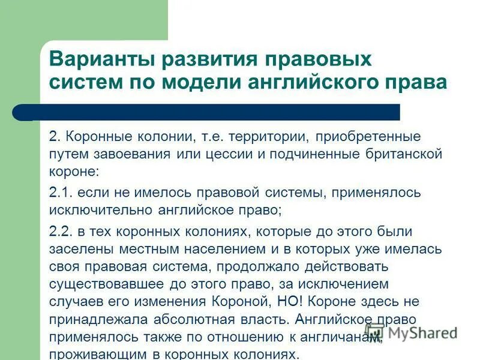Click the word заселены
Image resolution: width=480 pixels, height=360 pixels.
click(x=75, y=248)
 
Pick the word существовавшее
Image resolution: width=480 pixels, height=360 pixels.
click(x=101, y=283)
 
